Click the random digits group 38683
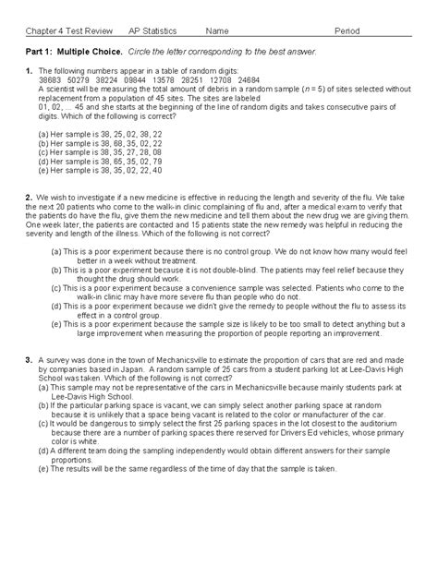pyautogui.click(x=53, y=81)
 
